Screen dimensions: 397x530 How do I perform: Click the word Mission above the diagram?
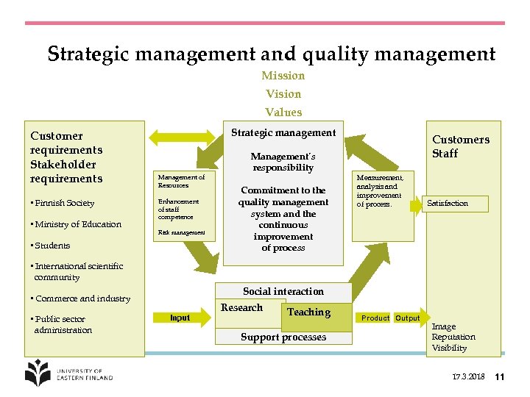[x=283, y=76]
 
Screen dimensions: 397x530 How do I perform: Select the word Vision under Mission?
[x=283, y=94]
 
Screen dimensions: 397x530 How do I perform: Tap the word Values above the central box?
[x=283, y=112]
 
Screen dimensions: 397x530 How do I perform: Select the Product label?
[x=375, y=318]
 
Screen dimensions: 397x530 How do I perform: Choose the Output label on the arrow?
[x=407, y=318]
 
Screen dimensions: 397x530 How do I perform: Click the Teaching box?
[x=308, y=312]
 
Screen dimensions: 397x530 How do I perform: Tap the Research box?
[x=243, y=308]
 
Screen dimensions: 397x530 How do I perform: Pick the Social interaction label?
[x=283, y=291]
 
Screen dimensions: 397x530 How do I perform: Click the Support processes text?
[x=283, y=337]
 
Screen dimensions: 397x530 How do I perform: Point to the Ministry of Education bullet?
[x=76, y=224]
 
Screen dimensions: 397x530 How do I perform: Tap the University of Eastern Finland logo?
[x=68, y=373]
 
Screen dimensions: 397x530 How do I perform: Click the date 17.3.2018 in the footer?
[x=468, y=377]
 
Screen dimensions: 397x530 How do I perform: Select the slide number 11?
[x=499, y=377]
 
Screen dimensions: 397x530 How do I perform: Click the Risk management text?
[x=181, y=233]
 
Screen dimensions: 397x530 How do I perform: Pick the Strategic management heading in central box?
[x=283, y=133]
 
